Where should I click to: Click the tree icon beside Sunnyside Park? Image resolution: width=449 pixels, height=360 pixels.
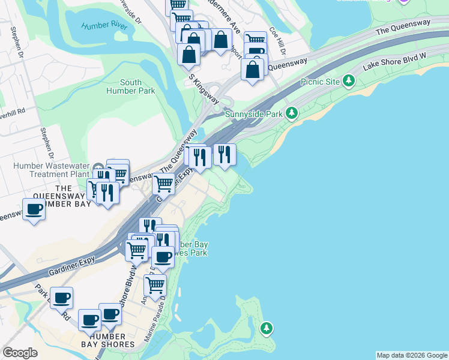click(x=291, y=113)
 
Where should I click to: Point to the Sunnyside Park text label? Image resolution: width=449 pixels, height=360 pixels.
click(x=254, y=113)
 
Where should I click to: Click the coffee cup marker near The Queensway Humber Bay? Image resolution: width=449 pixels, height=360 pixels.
click(x=34, y=209)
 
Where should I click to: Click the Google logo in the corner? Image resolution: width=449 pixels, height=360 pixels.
click(x=20, y=353)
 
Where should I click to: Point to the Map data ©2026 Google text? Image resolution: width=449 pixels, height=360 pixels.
click(x=412, y=355)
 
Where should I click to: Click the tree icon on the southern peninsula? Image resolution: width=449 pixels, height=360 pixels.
click(x=266, y=328)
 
